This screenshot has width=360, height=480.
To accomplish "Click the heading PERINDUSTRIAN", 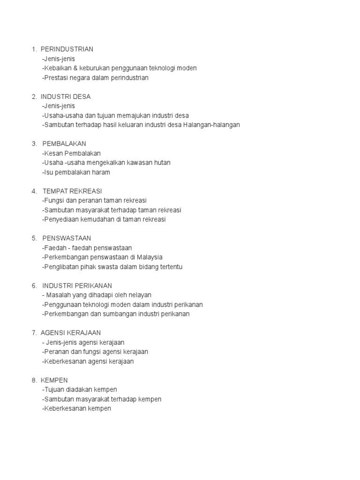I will pos(67,49).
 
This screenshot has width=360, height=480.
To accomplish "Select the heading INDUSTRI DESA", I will pos(66,97).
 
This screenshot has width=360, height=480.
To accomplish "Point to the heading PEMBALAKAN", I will pos(64,143).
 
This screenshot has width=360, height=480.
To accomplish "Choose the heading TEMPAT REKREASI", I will pos(72,191).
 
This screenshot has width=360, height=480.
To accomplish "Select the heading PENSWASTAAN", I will pos(67,238).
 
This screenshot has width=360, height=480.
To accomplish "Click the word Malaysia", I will pos(149,257).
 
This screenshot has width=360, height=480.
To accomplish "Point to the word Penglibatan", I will pos(60,267).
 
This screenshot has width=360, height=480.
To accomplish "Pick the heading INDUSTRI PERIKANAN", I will pos(77,285).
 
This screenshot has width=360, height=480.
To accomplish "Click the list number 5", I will pos(34,238).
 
